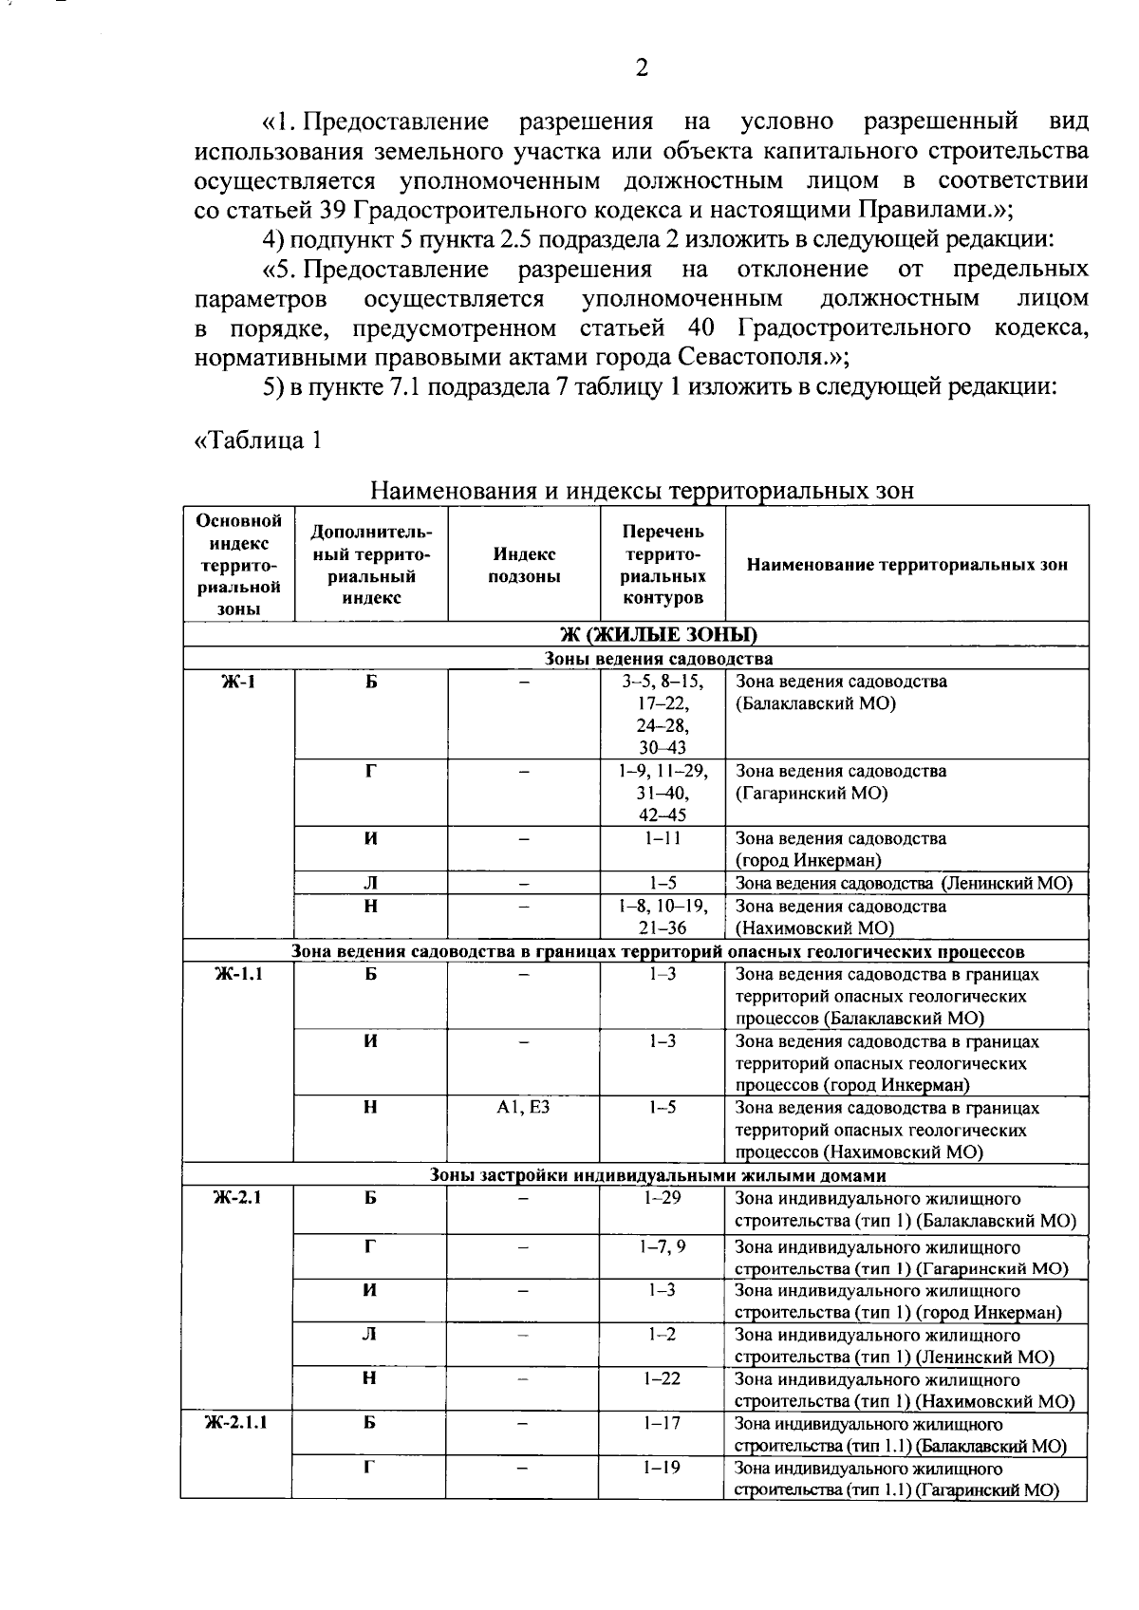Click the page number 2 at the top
click(642, 67)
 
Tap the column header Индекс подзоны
click(524, 565)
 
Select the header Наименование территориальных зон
click(906, 565)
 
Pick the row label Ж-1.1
click(238, 974)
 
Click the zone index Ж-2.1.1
click(238, 1423)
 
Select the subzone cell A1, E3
click(524, 1108)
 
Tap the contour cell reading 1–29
click(663, 1198)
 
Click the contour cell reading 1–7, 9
click(663, 1247)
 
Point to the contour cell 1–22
click(663, 1378)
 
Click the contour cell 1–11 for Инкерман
click(663, 838)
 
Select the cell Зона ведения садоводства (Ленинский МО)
click(904, 884)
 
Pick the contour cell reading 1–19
click(663, 1468)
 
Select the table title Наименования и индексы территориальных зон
click(642, 491)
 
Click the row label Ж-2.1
click(238, 1198)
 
